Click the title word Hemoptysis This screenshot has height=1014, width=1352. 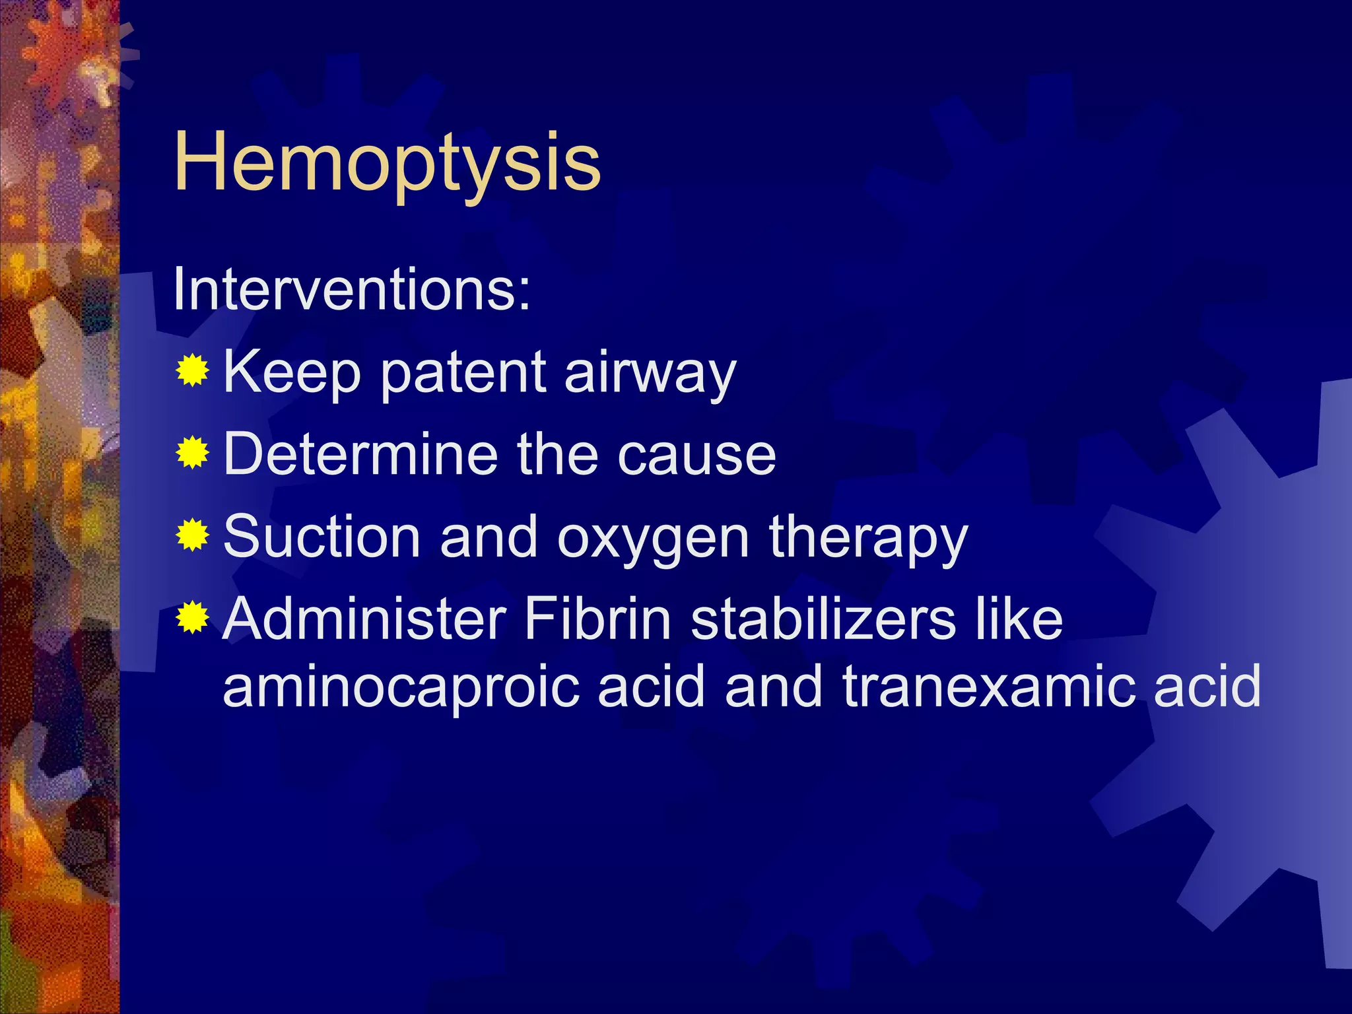[387, 162]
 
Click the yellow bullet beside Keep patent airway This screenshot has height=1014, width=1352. [192, 370]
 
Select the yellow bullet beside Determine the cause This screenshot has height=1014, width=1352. [192, 453]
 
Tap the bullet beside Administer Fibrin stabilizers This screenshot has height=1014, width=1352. [192, 617]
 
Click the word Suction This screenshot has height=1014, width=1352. [321, 535]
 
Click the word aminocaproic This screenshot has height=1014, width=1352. [400, 688]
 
